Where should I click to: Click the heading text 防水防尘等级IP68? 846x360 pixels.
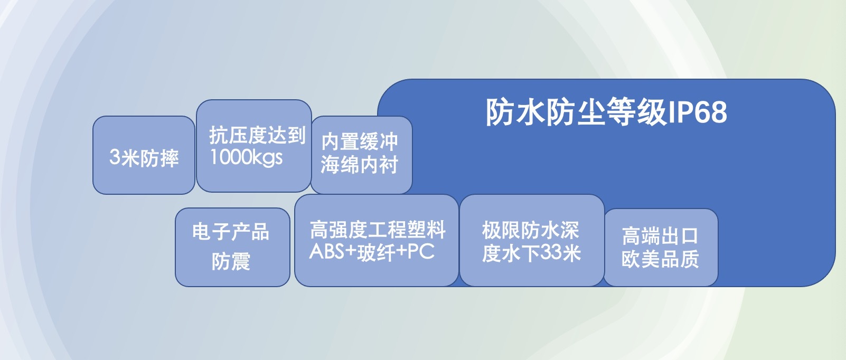pos(606,112)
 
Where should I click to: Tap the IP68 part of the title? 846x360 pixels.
pos(698,112)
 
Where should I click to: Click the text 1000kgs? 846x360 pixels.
pos(246,157)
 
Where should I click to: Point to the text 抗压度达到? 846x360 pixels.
pos(257,135)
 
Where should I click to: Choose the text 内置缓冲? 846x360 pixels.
pos(360,141)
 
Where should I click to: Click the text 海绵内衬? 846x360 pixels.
pos(360,165)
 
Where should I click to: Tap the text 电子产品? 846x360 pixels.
pos(231,231)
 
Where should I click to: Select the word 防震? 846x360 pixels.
pos(231,261)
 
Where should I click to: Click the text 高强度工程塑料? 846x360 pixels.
pos(377,230)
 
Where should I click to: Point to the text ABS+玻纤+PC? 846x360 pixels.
pos(372,252)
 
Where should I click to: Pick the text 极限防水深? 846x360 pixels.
pos(530,230)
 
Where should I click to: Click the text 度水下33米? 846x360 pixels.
pos(531,253)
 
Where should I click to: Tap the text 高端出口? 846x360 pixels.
pos(660,236)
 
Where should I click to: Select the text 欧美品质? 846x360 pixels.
pos(660,259)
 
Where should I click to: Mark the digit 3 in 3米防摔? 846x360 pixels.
pos(115,157)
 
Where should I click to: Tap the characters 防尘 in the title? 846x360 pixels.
pos(575,112)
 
